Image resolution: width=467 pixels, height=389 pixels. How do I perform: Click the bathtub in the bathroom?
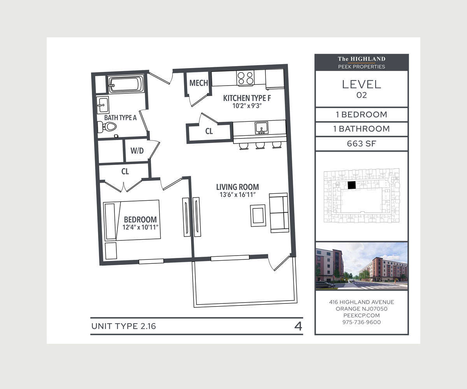pyautogui.click(x=125, y=84)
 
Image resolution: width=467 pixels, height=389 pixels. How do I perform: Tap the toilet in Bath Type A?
pyautogui.click(x=108, y=126)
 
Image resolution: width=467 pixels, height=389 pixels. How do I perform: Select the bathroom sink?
pyautogui.click(x=103, y=105)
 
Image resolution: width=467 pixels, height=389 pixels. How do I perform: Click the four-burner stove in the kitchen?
pyautogui.click(x=245, y=78)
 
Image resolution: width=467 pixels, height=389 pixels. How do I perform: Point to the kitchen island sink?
pyautogui.click(x=261, y=128)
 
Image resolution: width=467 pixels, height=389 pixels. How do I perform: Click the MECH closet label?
pyautogui.click(x=198, y=83)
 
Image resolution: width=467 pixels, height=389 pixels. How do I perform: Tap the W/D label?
pyautogui.click(x=137, y=151)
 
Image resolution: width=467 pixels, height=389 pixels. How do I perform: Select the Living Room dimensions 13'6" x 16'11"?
pyautogui.click(x=237, y=195)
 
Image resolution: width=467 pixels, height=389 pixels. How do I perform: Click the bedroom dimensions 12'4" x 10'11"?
pyautogui.click(x=140, y=227)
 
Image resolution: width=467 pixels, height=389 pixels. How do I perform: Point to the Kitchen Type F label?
pyautogui.click(x=247, y=98)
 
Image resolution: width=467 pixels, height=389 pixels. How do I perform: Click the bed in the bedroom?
pyautogui.click(x=131, y=220)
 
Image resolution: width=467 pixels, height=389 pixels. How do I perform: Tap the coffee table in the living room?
pyautogui.click(x=258, y=215)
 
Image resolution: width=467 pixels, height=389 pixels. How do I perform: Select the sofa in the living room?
pyautogui.click(x=279, y=213)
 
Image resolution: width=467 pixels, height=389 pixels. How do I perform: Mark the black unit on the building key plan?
pyautogui.click(x=351, y=186)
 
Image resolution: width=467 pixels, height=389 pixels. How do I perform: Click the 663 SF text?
pyautogui.click(x=361, y=144)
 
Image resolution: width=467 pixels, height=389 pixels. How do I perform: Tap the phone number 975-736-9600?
pyautogui.click(x=361, y=322)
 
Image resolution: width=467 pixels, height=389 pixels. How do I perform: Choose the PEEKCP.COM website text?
pyautogui.click(x=361, y=315)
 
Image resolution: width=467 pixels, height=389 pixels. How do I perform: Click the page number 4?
pyautogui.click(x=298, y=326)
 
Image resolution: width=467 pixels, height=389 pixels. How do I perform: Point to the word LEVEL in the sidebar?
pyautogui.click(x=361, y=84)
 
